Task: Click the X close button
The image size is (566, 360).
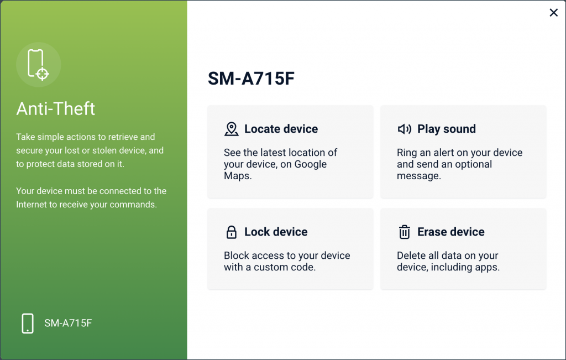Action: (553, 13)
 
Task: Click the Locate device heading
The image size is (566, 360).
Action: (281, 129)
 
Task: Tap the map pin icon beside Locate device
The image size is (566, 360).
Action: (232, 129)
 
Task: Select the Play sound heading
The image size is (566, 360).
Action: (446, 129)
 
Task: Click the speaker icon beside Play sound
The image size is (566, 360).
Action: (405, 129)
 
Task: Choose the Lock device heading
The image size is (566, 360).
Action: (276, 232)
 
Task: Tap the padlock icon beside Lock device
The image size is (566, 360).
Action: (232, 232)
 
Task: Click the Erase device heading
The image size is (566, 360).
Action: (450, 232)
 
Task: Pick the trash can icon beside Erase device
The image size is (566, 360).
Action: (405, 232)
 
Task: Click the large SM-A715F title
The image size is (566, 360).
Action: (251, 79)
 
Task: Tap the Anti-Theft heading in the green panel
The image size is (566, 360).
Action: (56, 108)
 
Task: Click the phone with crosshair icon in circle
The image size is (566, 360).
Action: (38, 65)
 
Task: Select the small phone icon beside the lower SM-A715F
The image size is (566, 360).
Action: (28, 323)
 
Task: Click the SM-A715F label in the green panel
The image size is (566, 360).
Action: (68, 323)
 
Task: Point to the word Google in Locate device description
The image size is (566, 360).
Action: (310, 164)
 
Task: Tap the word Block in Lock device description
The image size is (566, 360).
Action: (236, 255)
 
